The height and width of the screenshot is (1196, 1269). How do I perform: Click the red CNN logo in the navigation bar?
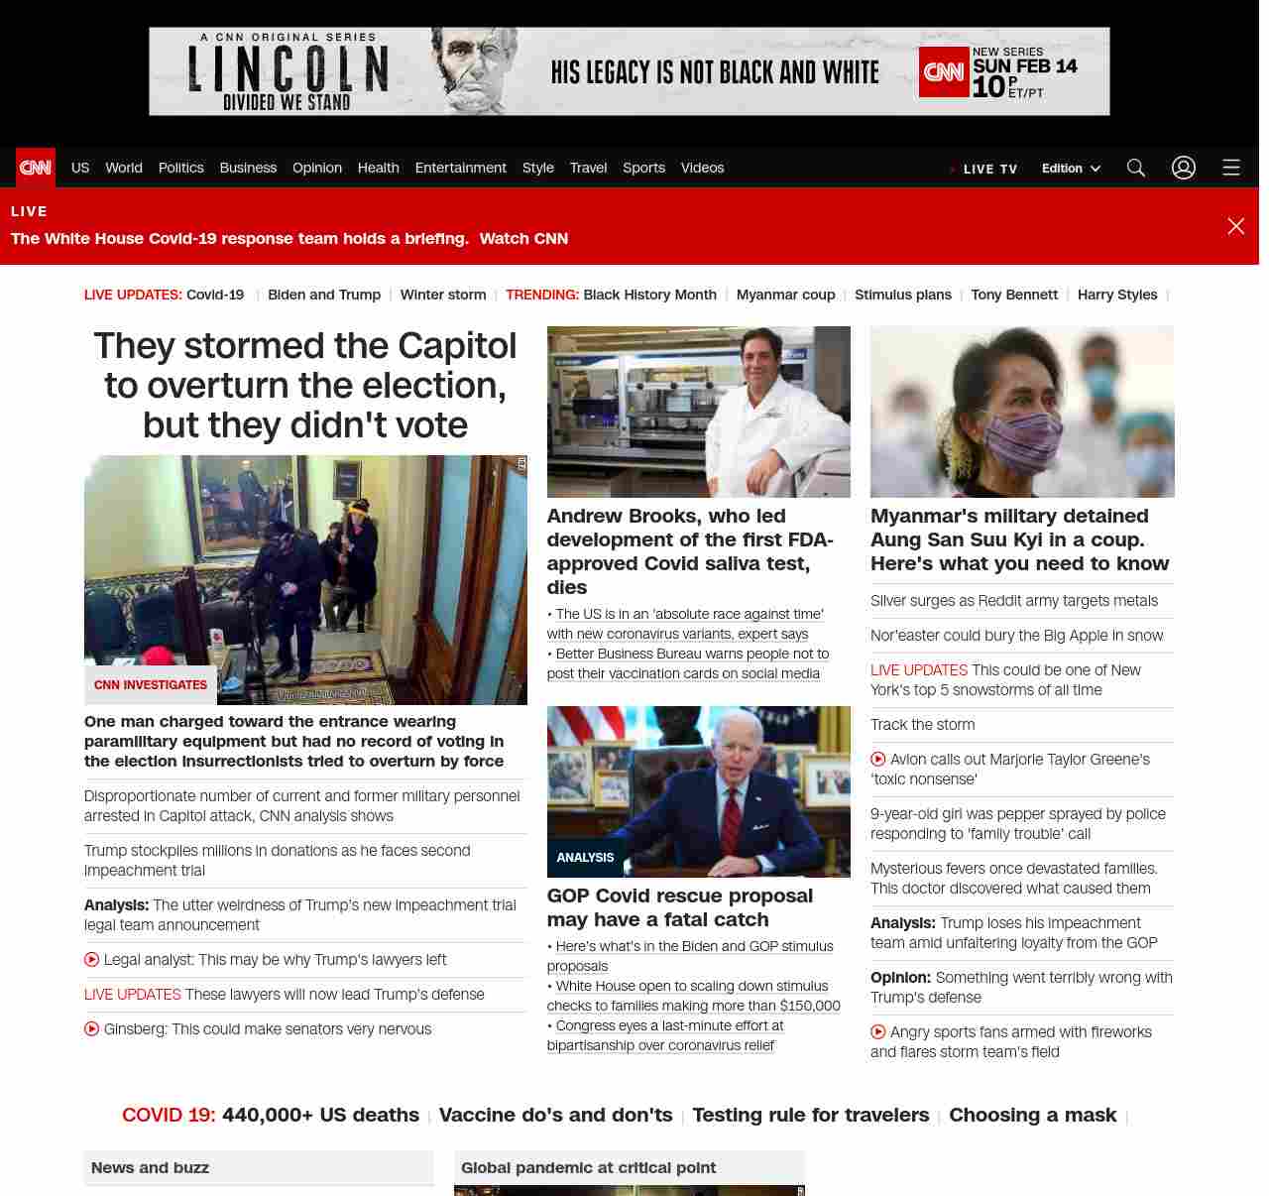coord(36,168)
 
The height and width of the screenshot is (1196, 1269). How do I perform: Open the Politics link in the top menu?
coord(181,168)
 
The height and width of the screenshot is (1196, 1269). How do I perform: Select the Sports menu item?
coord(643,168)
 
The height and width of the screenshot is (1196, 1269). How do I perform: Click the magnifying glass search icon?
coord(1136,168)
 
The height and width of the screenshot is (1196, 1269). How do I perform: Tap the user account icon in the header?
coord(1184,168)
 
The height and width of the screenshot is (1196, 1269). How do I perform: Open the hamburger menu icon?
coord(1231,168)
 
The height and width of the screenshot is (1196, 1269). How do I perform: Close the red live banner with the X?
coord(1236,226)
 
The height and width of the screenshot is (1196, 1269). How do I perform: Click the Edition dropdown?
coord(1071,169)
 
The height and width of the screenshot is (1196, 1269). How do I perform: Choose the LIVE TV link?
coord(989,170)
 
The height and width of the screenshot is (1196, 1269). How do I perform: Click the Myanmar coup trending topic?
coord(785,295)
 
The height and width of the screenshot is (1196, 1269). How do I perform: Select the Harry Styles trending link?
coord(1117,295)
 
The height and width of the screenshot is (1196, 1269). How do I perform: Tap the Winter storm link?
coord(443,295)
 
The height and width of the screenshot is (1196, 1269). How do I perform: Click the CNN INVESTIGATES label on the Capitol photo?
coord(151,685)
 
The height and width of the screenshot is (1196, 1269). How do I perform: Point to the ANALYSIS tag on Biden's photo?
coord(585,858)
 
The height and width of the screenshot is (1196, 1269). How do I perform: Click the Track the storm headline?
coord(922,725)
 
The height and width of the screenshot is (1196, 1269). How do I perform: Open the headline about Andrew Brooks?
coord(690,551)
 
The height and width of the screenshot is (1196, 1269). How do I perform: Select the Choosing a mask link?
coord(1032,1116)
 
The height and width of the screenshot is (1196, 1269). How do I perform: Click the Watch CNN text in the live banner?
coord(523,239)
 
